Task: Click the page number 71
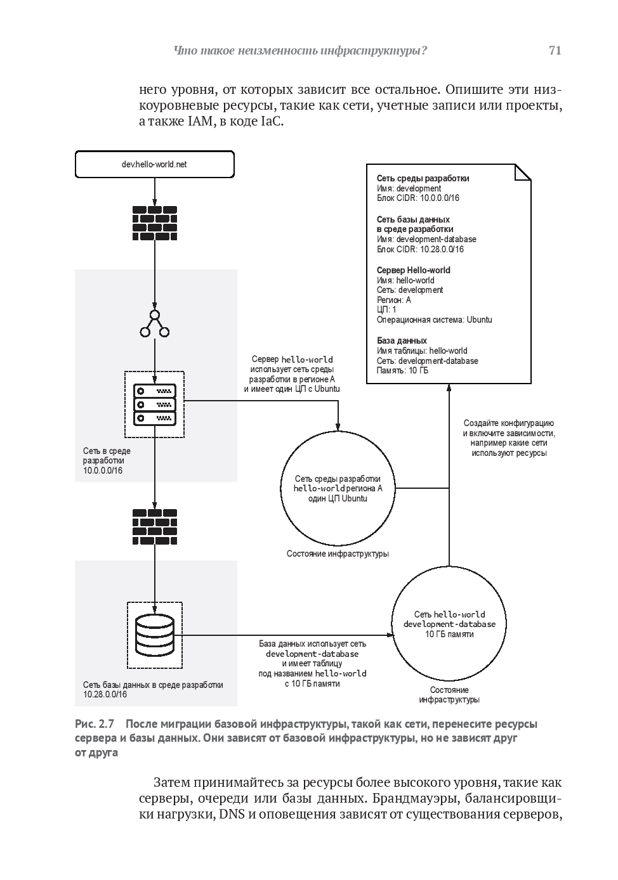555,51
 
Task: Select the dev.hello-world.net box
154,165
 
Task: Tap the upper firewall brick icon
155,223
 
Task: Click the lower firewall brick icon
155,525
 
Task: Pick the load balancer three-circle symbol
155,323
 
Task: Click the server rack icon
154,404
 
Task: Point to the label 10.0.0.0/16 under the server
103,471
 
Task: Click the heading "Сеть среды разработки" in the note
423,179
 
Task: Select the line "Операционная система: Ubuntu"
434,320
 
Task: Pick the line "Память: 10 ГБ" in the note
402,371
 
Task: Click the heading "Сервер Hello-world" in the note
413,270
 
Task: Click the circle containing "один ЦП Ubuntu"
338,488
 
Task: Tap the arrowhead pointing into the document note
449,387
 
